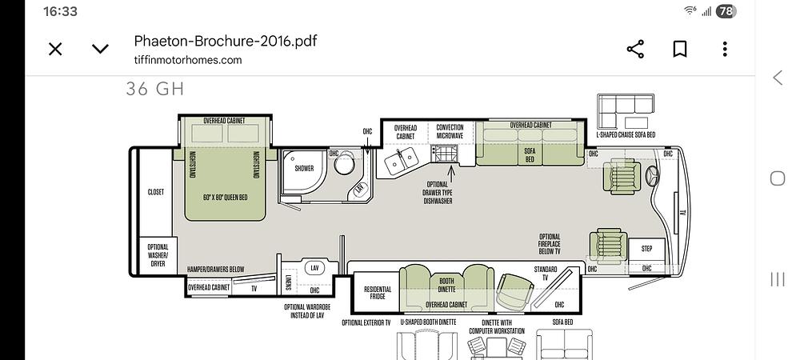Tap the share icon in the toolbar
(x=635, y=49)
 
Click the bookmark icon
(x=679, y=49)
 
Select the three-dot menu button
(x=725, y=49)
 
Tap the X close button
(x=55, y=49)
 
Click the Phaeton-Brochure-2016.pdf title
(x=225, y=41)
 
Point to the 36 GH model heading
(x=154, y=90)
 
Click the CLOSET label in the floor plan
(x=156, y=192)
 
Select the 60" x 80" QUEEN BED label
(x=225, y=197)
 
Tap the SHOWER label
(x=304, y=168)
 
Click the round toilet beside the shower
(x=344, y=163)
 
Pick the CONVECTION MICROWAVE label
(x=450, y=131)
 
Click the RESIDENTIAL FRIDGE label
(x=378, y=292)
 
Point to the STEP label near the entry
(x=647, y=249)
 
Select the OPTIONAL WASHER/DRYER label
(x=158, y=255)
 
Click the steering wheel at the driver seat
(x=651, y=177)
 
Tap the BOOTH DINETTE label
(x=446, y=285)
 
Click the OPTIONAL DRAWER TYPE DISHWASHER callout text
(x=438, y=193)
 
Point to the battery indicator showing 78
(x=726, y=11)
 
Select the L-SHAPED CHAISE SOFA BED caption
(x=626, y=135)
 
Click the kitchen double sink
(x=402, y=161)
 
